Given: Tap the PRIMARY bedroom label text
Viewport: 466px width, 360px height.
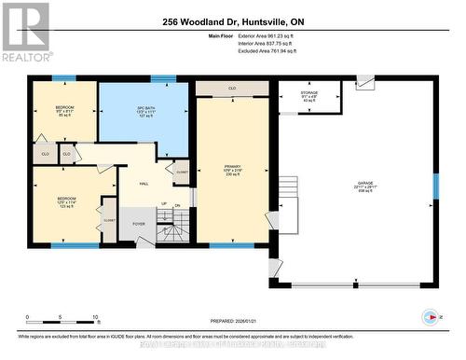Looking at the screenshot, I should tap(233, 169).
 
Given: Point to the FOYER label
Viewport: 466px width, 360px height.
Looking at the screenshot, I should tap(138, 224).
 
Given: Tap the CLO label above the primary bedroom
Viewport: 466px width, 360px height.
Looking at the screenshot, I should tap(231, 90).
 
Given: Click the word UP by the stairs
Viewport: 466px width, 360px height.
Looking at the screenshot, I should tap(164, 204).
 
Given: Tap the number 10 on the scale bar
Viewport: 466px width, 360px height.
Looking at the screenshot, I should tap(95, 317).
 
